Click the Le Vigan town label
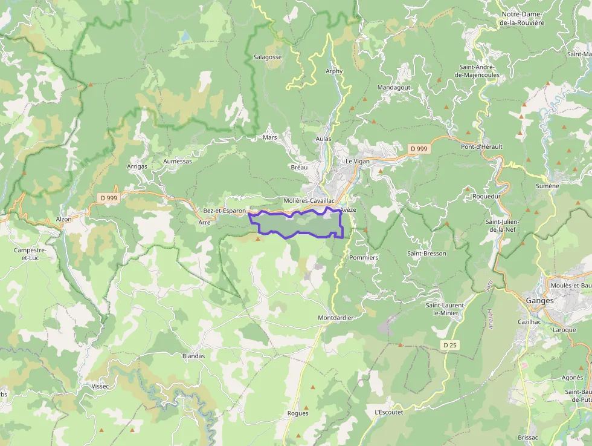(357, 162)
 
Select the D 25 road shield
(449, 345)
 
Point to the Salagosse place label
(268, 57)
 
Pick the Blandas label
(193, 356)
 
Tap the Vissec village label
(100, 386)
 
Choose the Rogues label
(298, 413)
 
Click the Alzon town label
(63, 219)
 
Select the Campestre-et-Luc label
(30, 254)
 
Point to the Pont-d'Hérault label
(481, 146)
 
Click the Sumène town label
(547, 186)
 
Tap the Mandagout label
(394, 87)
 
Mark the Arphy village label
(334, 71)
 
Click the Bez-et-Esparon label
(224, 211)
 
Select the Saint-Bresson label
(426, 254)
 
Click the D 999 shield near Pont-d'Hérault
(418, 149)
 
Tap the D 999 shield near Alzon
(109, 197)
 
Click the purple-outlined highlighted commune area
(296, 225)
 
